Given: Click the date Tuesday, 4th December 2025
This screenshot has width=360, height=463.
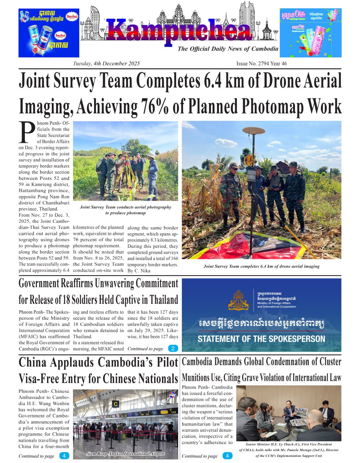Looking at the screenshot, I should [x=106, y=64].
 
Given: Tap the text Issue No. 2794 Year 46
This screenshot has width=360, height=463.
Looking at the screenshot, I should [x=261, y=64].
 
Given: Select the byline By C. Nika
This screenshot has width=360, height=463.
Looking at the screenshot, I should [x=139, y=271].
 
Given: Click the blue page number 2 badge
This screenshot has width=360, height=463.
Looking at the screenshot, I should [x=173, y=349].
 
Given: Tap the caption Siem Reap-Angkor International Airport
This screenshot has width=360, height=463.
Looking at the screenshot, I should [x=126, y=454].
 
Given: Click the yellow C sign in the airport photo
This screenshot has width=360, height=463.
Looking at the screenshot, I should [x=116, y=404].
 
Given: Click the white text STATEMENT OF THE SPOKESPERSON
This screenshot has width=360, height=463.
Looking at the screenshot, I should [x=261, y=339].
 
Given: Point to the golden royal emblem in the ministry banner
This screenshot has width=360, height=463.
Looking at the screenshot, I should [x=238, y=300].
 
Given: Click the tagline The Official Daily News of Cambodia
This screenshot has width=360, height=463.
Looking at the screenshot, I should [x=228, y=49].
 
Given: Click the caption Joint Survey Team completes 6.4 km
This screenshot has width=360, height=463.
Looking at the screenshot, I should [x=261, y=266].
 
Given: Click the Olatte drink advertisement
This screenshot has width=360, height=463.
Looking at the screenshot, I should [x=310, y=33].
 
